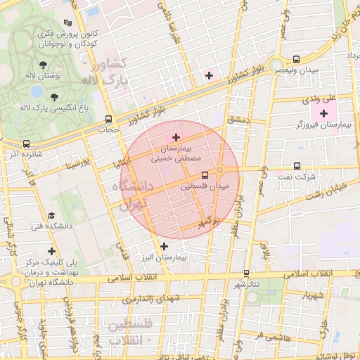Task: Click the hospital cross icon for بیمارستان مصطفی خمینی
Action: (176, 136)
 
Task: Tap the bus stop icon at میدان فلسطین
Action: (205, 174)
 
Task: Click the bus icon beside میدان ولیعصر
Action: (296, 60)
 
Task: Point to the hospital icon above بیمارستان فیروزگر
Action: (323, 113)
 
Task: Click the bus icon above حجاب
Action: (108, 119)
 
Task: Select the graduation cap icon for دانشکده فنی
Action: (51, 216)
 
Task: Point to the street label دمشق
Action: (239, 121)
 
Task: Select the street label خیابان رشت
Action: (330, 188)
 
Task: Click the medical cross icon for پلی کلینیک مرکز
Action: (51, 250)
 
